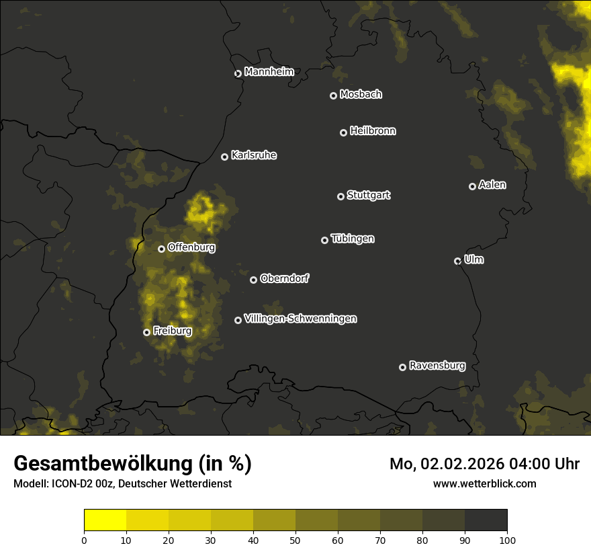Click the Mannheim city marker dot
238,74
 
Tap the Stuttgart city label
368,196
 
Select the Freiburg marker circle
146,332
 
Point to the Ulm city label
473,260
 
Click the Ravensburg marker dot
402,367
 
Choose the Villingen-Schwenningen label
300,319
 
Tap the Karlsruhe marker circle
224,157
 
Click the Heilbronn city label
373,131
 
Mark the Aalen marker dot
472,186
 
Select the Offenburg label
191,247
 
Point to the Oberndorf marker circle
253,280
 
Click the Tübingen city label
353,239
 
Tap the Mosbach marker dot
333,95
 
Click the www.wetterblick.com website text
484,483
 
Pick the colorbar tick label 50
295,539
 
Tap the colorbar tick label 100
507,539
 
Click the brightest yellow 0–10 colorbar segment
105,520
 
